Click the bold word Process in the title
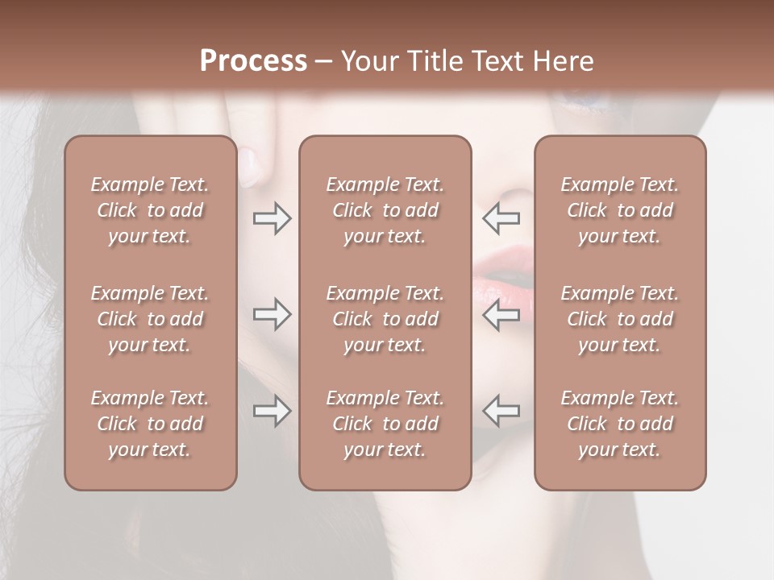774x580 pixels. (x=253, y=61)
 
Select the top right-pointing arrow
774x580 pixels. (x=273, y=217)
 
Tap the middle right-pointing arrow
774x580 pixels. (x=273, y=314)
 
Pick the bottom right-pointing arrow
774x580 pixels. (x=273, y=411)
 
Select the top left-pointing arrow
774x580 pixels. (x=501, y=217)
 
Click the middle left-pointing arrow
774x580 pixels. (x=501, y=314)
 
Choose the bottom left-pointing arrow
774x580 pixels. (x=501, y=411)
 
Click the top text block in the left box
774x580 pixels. (x=150, y=210)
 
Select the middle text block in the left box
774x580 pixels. (x=150, y=319)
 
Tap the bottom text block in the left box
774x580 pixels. (x=150, y=424)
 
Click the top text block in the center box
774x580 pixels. (x=385, y=210)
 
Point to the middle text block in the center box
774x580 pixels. (x=385, y=319)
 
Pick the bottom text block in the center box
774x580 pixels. (x=385, y=424)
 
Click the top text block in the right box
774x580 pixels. (x=619, y=210)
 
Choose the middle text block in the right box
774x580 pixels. (x=619, y=319)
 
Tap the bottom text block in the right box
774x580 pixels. (x=619, y=424)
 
